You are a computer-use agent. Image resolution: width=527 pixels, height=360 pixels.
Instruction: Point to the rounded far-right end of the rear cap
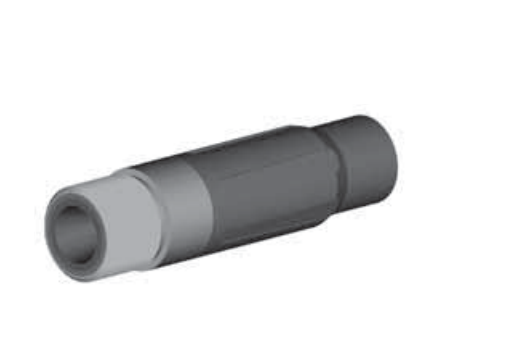pyautogui.click(x=397, y=150)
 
